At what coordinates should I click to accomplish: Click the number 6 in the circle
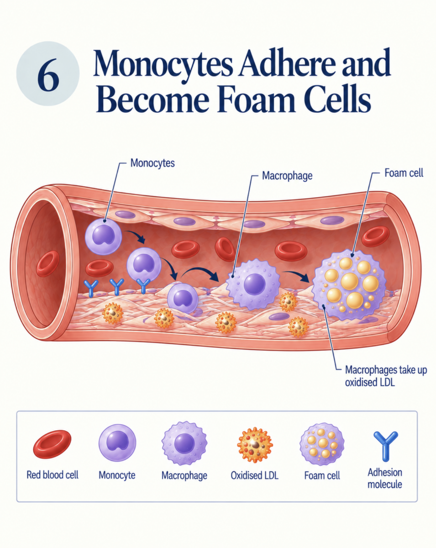(x=48, y=74)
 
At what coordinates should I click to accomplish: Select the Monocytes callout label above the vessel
(x=152, y=163)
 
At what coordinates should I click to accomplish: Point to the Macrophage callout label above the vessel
(x=287, y=176)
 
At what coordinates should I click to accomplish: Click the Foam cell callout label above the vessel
(x=404, y=173)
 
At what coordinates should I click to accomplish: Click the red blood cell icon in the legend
(x=52, y=444)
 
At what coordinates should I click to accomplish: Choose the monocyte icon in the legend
(x=117, y=443)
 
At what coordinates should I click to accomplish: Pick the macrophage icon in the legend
(x=184, y=443)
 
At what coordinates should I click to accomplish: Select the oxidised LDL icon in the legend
(x=255, y=445)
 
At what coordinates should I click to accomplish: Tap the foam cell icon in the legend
(x=322, y=444)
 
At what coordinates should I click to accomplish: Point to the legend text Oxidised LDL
(x=254, y=475)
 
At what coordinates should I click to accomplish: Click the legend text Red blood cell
(x=53, y=475)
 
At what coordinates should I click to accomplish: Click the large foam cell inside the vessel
(x=349, y=285)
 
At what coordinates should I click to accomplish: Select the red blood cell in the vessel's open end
(x=47, y=263)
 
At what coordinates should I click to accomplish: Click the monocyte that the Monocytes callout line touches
(x=103, y=236)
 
